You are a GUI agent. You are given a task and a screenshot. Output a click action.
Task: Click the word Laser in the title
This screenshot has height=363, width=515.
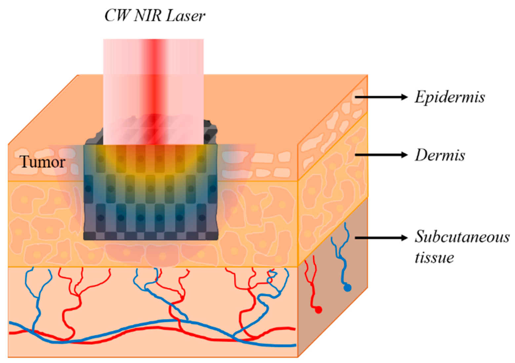[x=185, y=16]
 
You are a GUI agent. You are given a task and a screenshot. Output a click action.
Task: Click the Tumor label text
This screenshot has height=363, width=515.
[x=42, y=162]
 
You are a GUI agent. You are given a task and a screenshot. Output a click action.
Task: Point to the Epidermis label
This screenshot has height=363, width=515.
[x=450, y=97]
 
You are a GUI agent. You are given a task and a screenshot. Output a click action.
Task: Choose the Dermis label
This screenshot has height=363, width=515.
[x=440, y=155]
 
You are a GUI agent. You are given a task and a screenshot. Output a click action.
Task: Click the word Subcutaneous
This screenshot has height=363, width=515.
[x=462, y=237]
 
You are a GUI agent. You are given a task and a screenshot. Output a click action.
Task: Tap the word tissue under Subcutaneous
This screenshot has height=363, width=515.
[x=434, y=257]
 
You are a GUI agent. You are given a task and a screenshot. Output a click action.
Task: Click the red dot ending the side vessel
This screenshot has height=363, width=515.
[x=318, y=310]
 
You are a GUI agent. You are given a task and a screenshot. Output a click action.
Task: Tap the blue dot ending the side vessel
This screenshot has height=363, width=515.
[x=347, y=288]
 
